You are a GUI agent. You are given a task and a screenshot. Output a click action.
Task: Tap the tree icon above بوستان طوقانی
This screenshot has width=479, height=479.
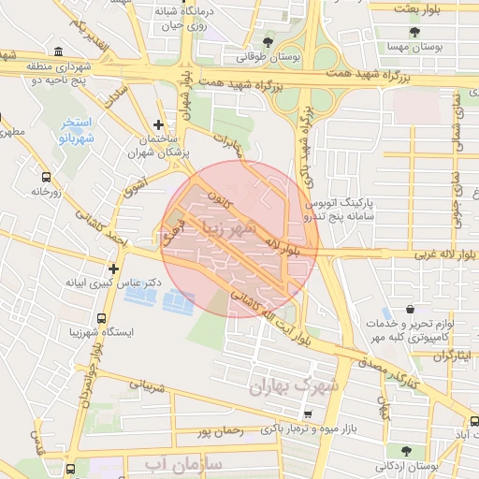pyautogui.click(x=269, y=42)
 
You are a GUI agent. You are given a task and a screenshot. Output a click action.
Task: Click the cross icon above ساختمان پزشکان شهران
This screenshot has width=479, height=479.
pyautogui.click(x=158, y=123)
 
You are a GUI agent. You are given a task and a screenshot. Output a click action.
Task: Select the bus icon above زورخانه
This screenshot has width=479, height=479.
pyautogui.click(x=47, y=176)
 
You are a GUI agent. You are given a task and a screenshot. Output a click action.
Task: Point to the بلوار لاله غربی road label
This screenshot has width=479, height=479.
pyautogui.click(x=413, y=254)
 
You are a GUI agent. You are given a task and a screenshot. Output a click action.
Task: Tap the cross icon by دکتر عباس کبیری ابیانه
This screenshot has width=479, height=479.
pyautogui.click(x=113, y=268)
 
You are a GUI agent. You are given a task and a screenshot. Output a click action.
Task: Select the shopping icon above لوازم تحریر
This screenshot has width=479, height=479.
pyautogui.click(x=410, y=309)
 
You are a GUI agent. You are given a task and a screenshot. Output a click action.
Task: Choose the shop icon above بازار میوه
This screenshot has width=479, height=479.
pyautogui.click(x=308, y=413)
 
